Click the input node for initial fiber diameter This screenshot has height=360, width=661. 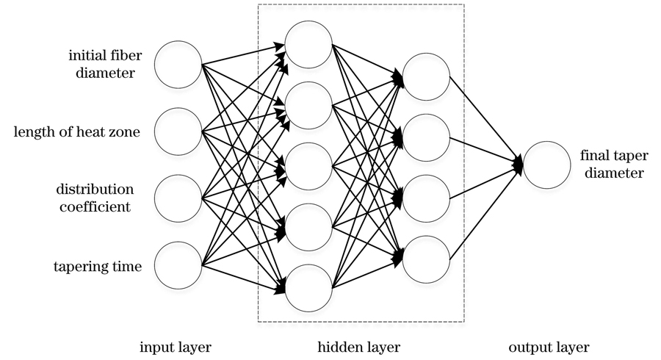click(178, 64)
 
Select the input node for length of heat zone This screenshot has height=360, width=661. click(178, 132)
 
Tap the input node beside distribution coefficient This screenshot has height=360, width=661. click(178, 198)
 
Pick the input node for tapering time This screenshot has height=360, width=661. click(178, 264)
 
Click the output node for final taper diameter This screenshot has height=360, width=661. click(546, 165)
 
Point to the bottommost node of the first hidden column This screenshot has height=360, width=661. click(308, 287)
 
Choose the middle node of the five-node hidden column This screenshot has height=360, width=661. click(308, 166)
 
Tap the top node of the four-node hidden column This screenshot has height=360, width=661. click(426, 76)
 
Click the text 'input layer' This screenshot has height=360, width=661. click(176, 346)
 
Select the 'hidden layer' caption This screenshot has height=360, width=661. click(359, 346)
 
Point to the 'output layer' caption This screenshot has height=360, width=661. click(549, 346)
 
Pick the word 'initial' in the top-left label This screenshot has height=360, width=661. click(85, 56)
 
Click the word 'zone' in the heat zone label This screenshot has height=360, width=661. click(125, 132)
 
